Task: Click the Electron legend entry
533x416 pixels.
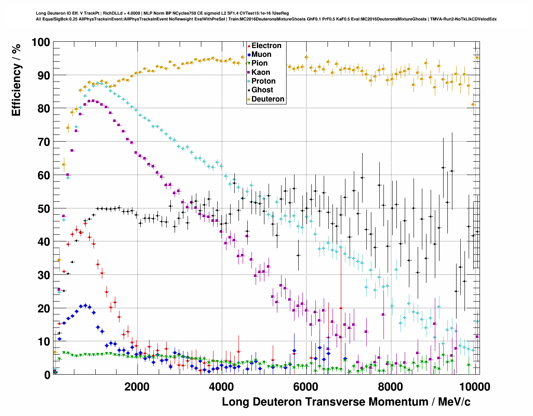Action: click(266, 46)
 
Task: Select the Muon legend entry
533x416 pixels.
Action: click(261, 54)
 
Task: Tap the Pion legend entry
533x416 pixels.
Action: click(259, 63)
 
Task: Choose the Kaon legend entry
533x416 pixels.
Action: click(261, 72)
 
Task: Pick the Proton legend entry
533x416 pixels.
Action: click(263, 81)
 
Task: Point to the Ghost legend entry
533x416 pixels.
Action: click(262, 90)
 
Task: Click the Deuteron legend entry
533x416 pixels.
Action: click(268, 99)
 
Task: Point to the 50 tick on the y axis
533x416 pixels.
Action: click(43, 208)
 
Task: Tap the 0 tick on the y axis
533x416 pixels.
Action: click(47, 375)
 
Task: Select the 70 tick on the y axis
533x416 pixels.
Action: click(43, 142)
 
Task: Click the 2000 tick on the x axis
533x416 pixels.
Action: click(137, 386)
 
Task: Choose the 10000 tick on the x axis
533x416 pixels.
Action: click(474, 386)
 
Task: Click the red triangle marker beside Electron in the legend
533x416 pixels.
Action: click(249, 46)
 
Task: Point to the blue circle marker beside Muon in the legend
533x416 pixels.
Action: click(249, 54)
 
